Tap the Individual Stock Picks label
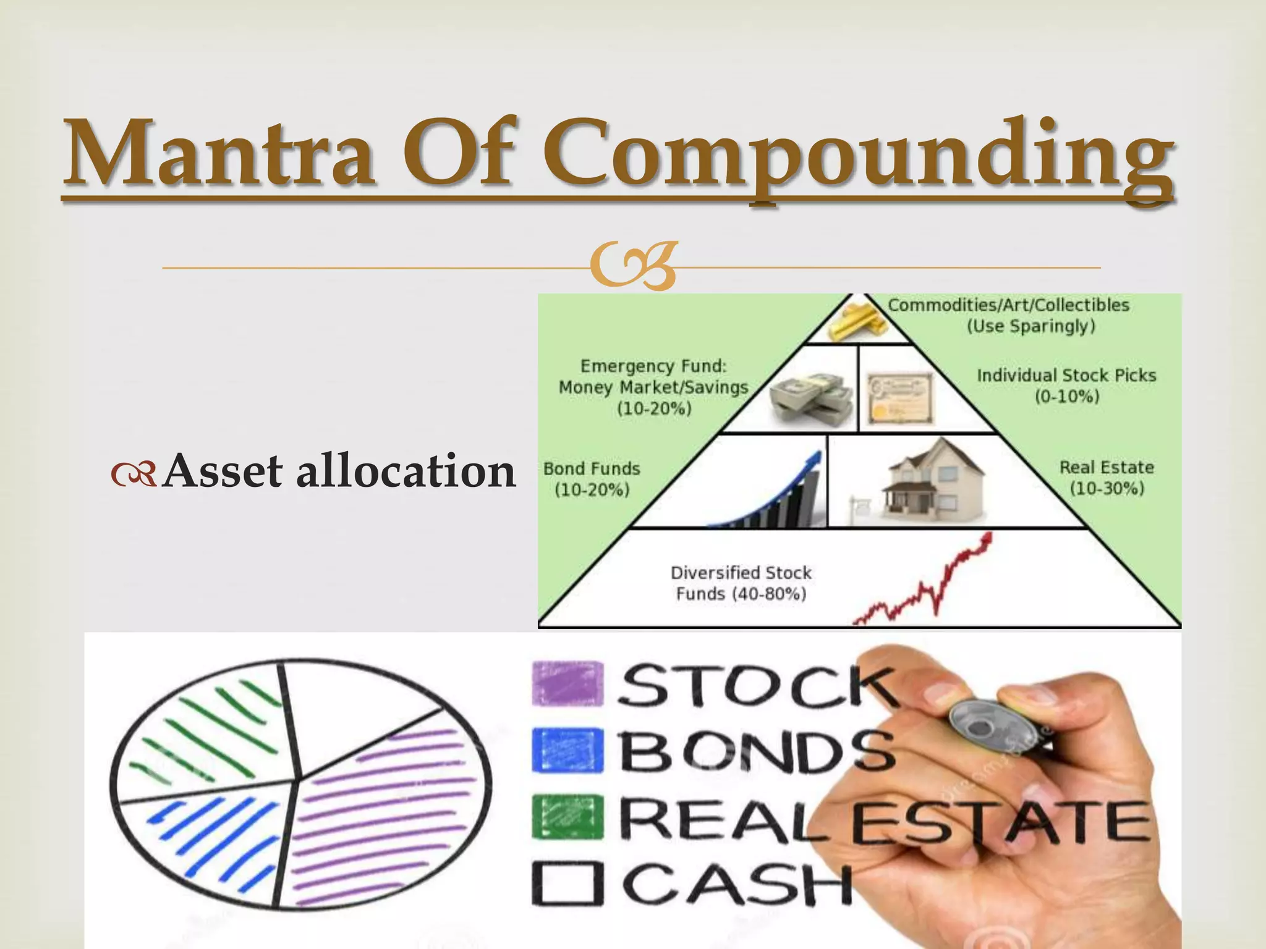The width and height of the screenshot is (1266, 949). coord(1066,386)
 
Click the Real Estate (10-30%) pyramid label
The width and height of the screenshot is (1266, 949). coord(1107,478)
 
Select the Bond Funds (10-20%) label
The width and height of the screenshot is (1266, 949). coord(592,479)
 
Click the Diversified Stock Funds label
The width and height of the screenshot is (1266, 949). coord(741,583)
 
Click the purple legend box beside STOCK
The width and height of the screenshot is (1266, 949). coord(567,683)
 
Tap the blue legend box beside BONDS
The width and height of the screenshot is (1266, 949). coord(567,750)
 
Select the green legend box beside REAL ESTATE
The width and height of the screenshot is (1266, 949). coord(567,817)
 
